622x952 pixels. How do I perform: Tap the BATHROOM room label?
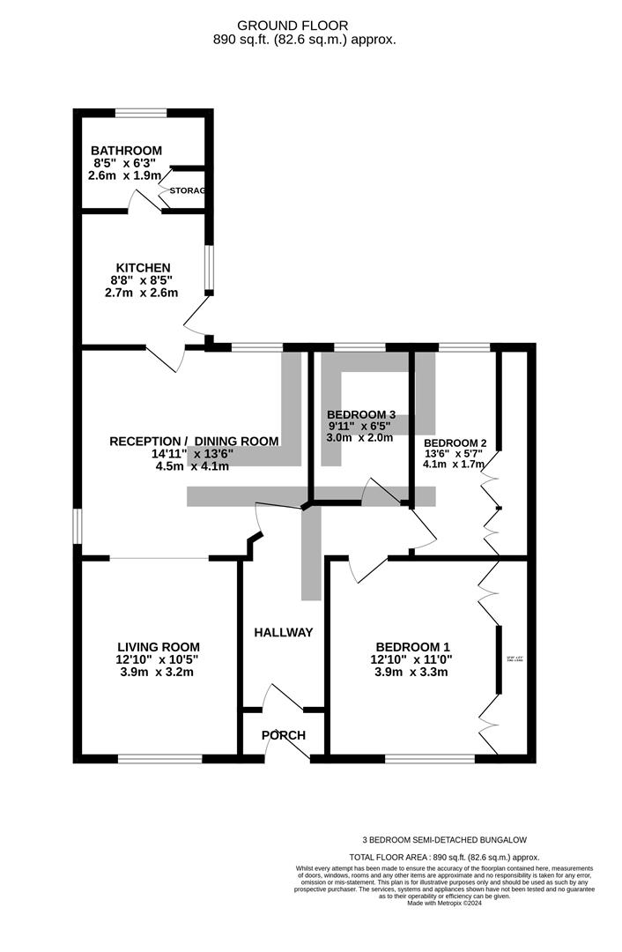click(x=129, y=151)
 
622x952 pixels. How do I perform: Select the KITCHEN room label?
click(x=143, y=268)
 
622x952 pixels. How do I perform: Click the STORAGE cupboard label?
click(x=187, y=190)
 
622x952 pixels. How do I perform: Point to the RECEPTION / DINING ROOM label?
click(x=194, y=442)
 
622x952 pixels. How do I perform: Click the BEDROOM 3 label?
click(x=360, y=414)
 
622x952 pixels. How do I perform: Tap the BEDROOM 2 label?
click(x=455, y=443)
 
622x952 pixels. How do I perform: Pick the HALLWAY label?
click(x=283, y=632)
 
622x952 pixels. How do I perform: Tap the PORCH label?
click(x=284, y=735)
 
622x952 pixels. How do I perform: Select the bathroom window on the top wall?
click(x=141, y=112)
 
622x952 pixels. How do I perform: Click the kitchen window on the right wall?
click(x=209, y=268)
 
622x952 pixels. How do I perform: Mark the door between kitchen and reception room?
click(x=165, y=357)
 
